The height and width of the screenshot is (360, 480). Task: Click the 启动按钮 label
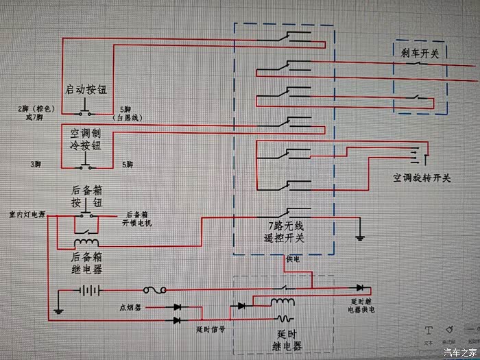86,90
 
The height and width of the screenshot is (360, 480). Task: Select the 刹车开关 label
420,51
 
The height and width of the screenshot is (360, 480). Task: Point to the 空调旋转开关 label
422,178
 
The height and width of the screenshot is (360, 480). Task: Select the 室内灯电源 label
27,215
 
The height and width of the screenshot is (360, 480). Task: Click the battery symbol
87,290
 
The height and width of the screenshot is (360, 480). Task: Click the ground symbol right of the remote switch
359,238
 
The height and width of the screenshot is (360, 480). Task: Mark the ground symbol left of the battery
58,311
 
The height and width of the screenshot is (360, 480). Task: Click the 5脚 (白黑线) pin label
131,113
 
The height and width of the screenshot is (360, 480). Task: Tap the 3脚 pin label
34,165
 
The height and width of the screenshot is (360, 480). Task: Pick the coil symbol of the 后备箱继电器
86,242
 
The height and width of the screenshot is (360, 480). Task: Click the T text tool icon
429,330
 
